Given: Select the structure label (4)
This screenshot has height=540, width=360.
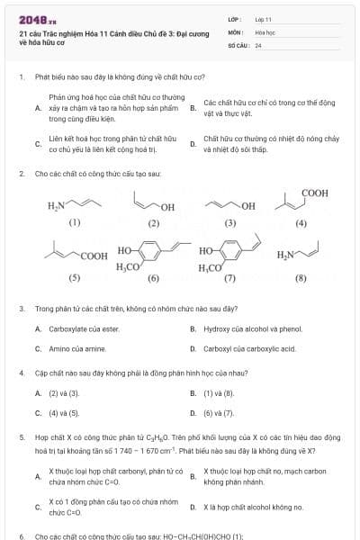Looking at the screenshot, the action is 301,222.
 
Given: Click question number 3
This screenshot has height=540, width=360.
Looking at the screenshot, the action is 22,309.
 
